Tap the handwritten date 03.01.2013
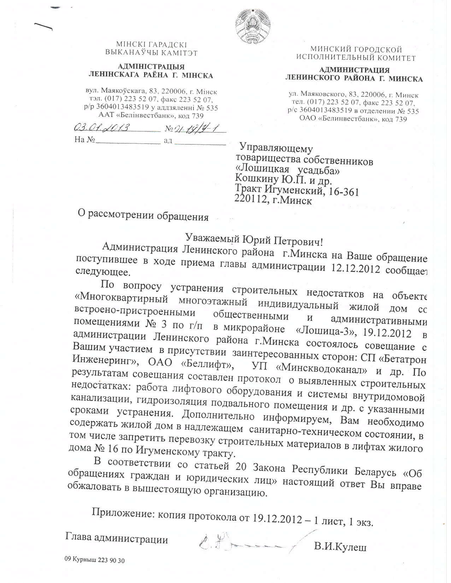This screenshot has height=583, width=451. coord(101,128)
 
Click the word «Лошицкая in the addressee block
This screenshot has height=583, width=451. coord(262,170)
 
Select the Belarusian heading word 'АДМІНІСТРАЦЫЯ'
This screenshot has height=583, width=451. coord(151,67)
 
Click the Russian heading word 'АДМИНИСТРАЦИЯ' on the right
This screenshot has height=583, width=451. coord(354,70)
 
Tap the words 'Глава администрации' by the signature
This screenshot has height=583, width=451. coord(117,538)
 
